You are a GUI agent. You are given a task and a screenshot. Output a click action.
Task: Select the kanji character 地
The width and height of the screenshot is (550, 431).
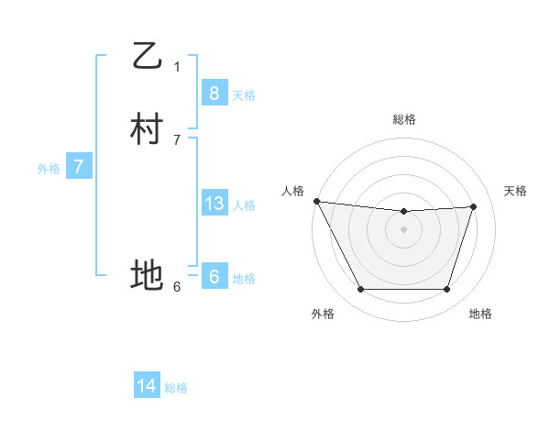click(147, 274)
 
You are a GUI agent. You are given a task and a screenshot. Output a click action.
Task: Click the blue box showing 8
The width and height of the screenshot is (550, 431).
click(214, 93)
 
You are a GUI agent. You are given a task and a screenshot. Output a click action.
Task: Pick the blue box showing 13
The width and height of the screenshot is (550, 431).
click(214, 204)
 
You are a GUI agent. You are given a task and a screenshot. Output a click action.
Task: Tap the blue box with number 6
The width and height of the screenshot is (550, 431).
click(214, 277)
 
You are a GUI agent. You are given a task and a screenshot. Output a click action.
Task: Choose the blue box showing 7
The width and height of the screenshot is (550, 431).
click(79, 167)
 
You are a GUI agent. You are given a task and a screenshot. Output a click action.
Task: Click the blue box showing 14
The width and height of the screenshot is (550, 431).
click(147, 386)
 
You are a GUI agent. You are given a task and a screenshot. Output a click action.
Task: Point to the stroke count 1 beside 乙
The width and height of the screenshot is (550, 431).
click(177, 66)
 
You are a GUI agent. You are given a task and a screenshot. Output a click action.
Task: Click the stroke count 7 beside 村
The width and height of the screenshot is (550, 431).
click(177, 140)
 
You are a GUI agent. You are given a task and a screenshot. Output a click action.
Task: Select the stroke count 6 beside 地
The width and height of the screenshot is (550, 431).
click(177, 286)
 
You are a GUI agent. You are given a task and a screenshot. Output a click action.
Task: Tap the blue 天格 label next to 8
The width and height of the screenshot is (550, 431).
click(244, 94)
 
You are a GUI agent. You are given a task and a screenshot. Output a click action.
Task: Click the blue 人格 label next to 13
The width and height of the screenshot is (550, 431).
click(244, 205)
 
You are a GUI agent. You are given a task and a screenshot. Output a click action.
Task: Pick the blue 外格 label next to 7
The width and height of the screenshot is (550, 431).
click(49, 169)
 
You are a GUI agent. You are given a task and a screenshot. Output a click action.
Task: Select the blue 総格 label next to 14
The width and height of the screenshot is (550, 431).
click(176, 388)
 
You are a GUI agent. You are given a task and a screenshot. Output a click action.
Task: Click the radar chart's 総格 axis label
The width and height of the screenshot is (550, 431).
click(404, 119)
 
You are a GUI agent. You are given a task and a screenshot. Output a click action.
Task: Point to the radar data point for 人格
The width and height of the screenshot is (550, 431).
click(316, 201)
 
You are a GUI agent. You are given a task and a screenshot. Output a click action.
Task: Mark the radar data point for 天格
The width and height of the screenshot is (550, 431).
click(474, 206)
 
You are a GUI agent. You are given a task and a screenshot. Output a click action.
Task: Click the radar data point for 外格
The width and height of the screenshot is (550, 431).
click(360, 290)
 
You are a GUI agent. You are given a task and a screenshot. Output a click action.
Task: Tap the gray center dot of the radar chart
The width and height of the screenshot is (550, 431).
click(404, 229)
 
